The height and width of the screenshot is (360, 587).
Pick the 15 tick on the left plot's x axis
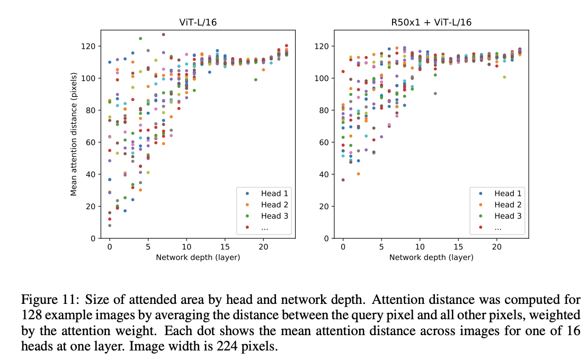[225, 247]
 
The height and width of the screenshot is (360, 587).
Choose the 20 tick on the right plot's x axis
[496, 247]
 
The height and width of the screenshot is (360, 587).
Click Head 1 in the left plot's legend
[274, 193]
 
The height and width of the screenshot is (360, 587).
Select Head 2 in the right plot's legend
[508, 205]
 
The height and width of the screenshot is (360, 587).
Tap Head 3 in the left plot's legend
[274, 216]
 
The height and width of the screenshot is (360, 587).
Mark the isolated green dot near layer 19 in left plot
[255, 80]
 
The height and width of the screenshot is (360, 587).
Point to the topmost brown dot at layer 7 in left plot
[163, 35]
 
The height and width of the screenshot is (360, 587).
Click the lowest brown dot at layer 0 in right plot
[343, 180]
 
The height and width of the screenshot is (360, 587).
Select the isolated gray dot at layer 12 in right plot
[435, 94]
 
